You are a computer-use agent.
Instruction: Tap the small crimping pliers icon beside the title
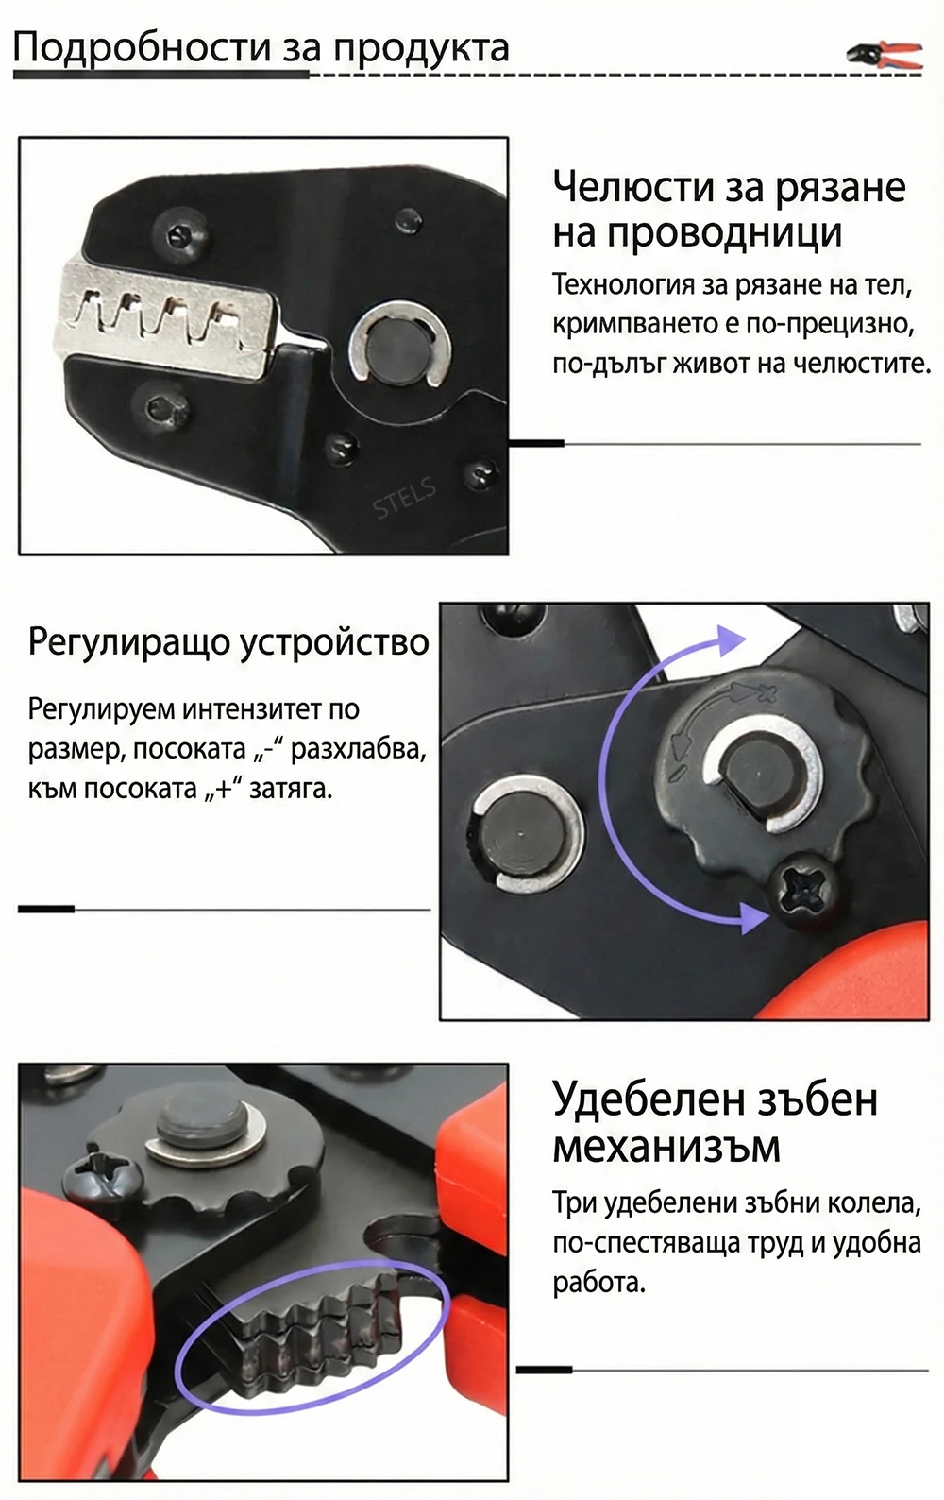tap(884, 55)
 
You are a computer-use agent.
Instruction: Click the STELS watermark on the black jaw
tap(404, 499)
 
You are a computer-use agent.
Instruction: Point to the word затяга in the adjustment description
tap(290, 789)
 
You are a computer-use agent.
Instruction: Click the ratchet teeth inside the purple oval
tap(312, 1334)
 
